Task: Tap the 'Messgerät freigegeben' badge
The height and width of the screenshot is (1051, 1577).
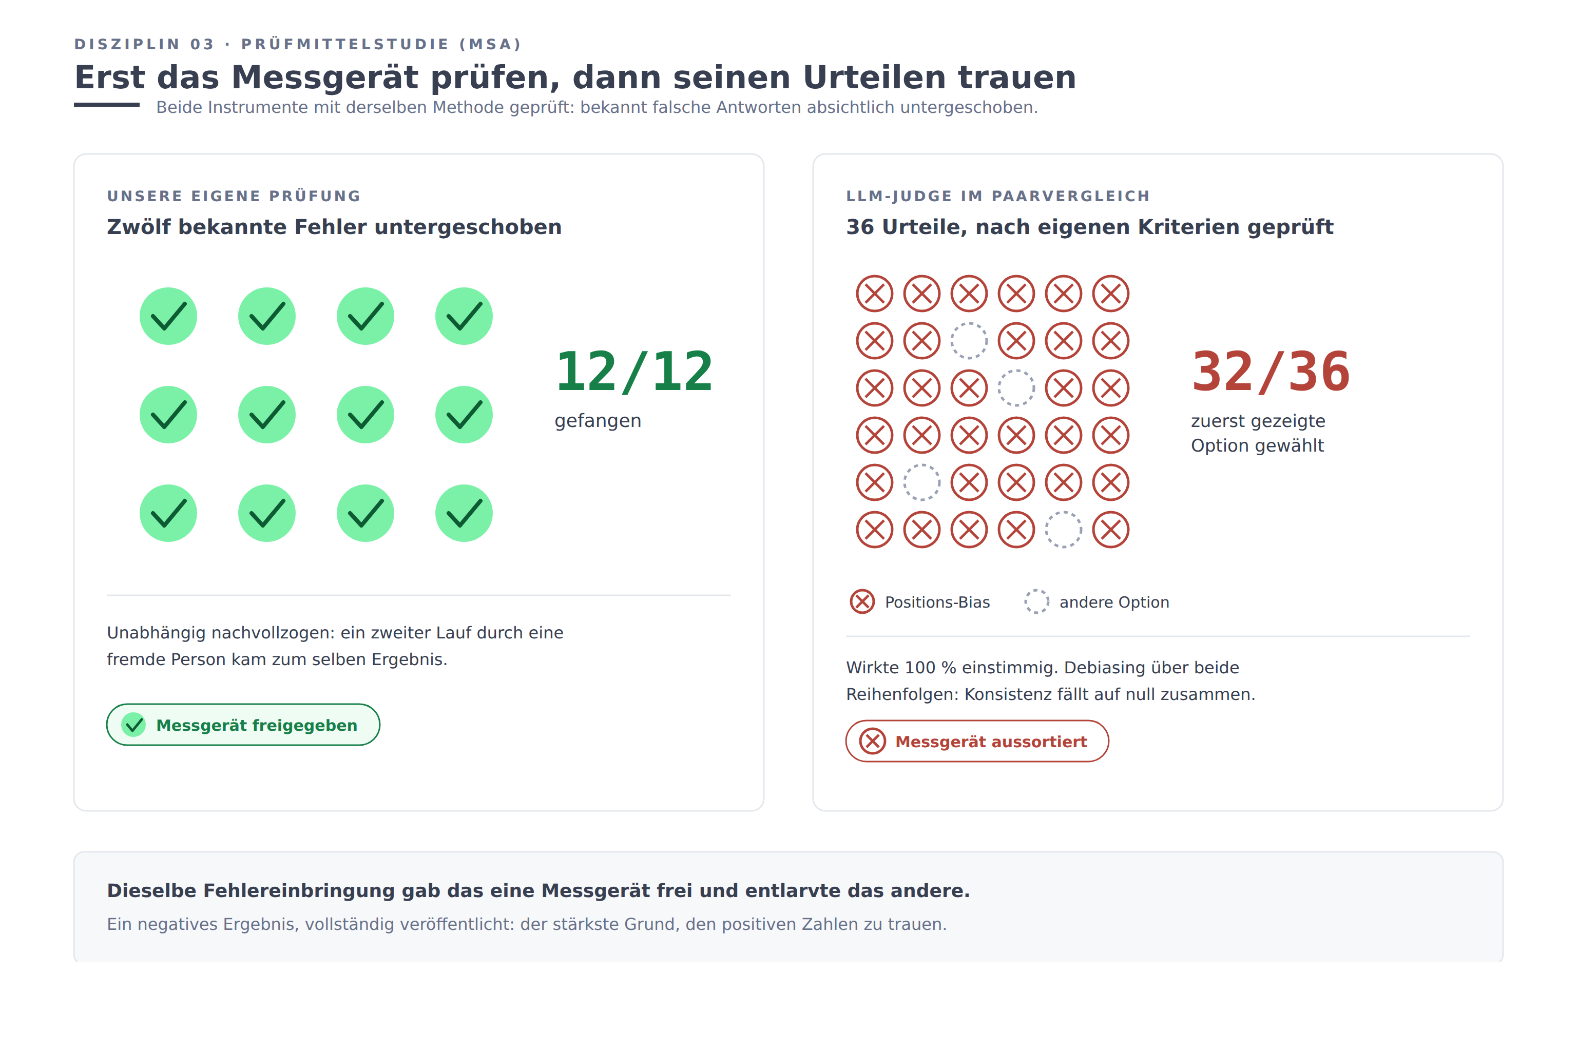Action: point(243,725)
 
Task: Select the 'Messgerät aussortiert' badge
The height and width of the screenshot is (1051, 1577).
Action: point(977,742)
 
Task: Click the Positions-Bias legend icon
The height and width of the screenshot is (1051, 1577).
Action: point(862,602)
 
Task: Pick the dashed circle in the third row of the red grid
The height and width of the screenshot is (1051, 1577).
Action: point(1016,370)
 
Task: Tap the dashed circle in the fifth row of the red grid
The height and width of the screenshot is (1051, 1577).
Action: point(922,464)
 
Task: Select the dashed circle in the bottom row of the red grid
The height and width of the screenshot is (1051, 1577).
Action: point(1064,512)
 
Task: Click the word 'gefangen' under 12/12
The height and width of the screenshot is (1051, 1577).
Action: point(598,421)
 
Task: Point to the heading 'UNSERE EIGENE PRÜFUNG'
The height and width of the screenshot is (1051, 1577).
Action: point(234,196)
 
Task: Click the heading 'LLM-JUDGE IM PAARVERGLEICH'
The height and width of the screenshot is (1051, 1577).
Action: point(998,196)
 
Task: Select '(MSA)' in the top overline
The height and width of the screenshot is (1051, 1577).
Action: point(490,44)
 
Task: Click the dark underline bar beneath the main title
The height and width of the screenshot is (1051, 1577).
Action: point(107,105)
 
